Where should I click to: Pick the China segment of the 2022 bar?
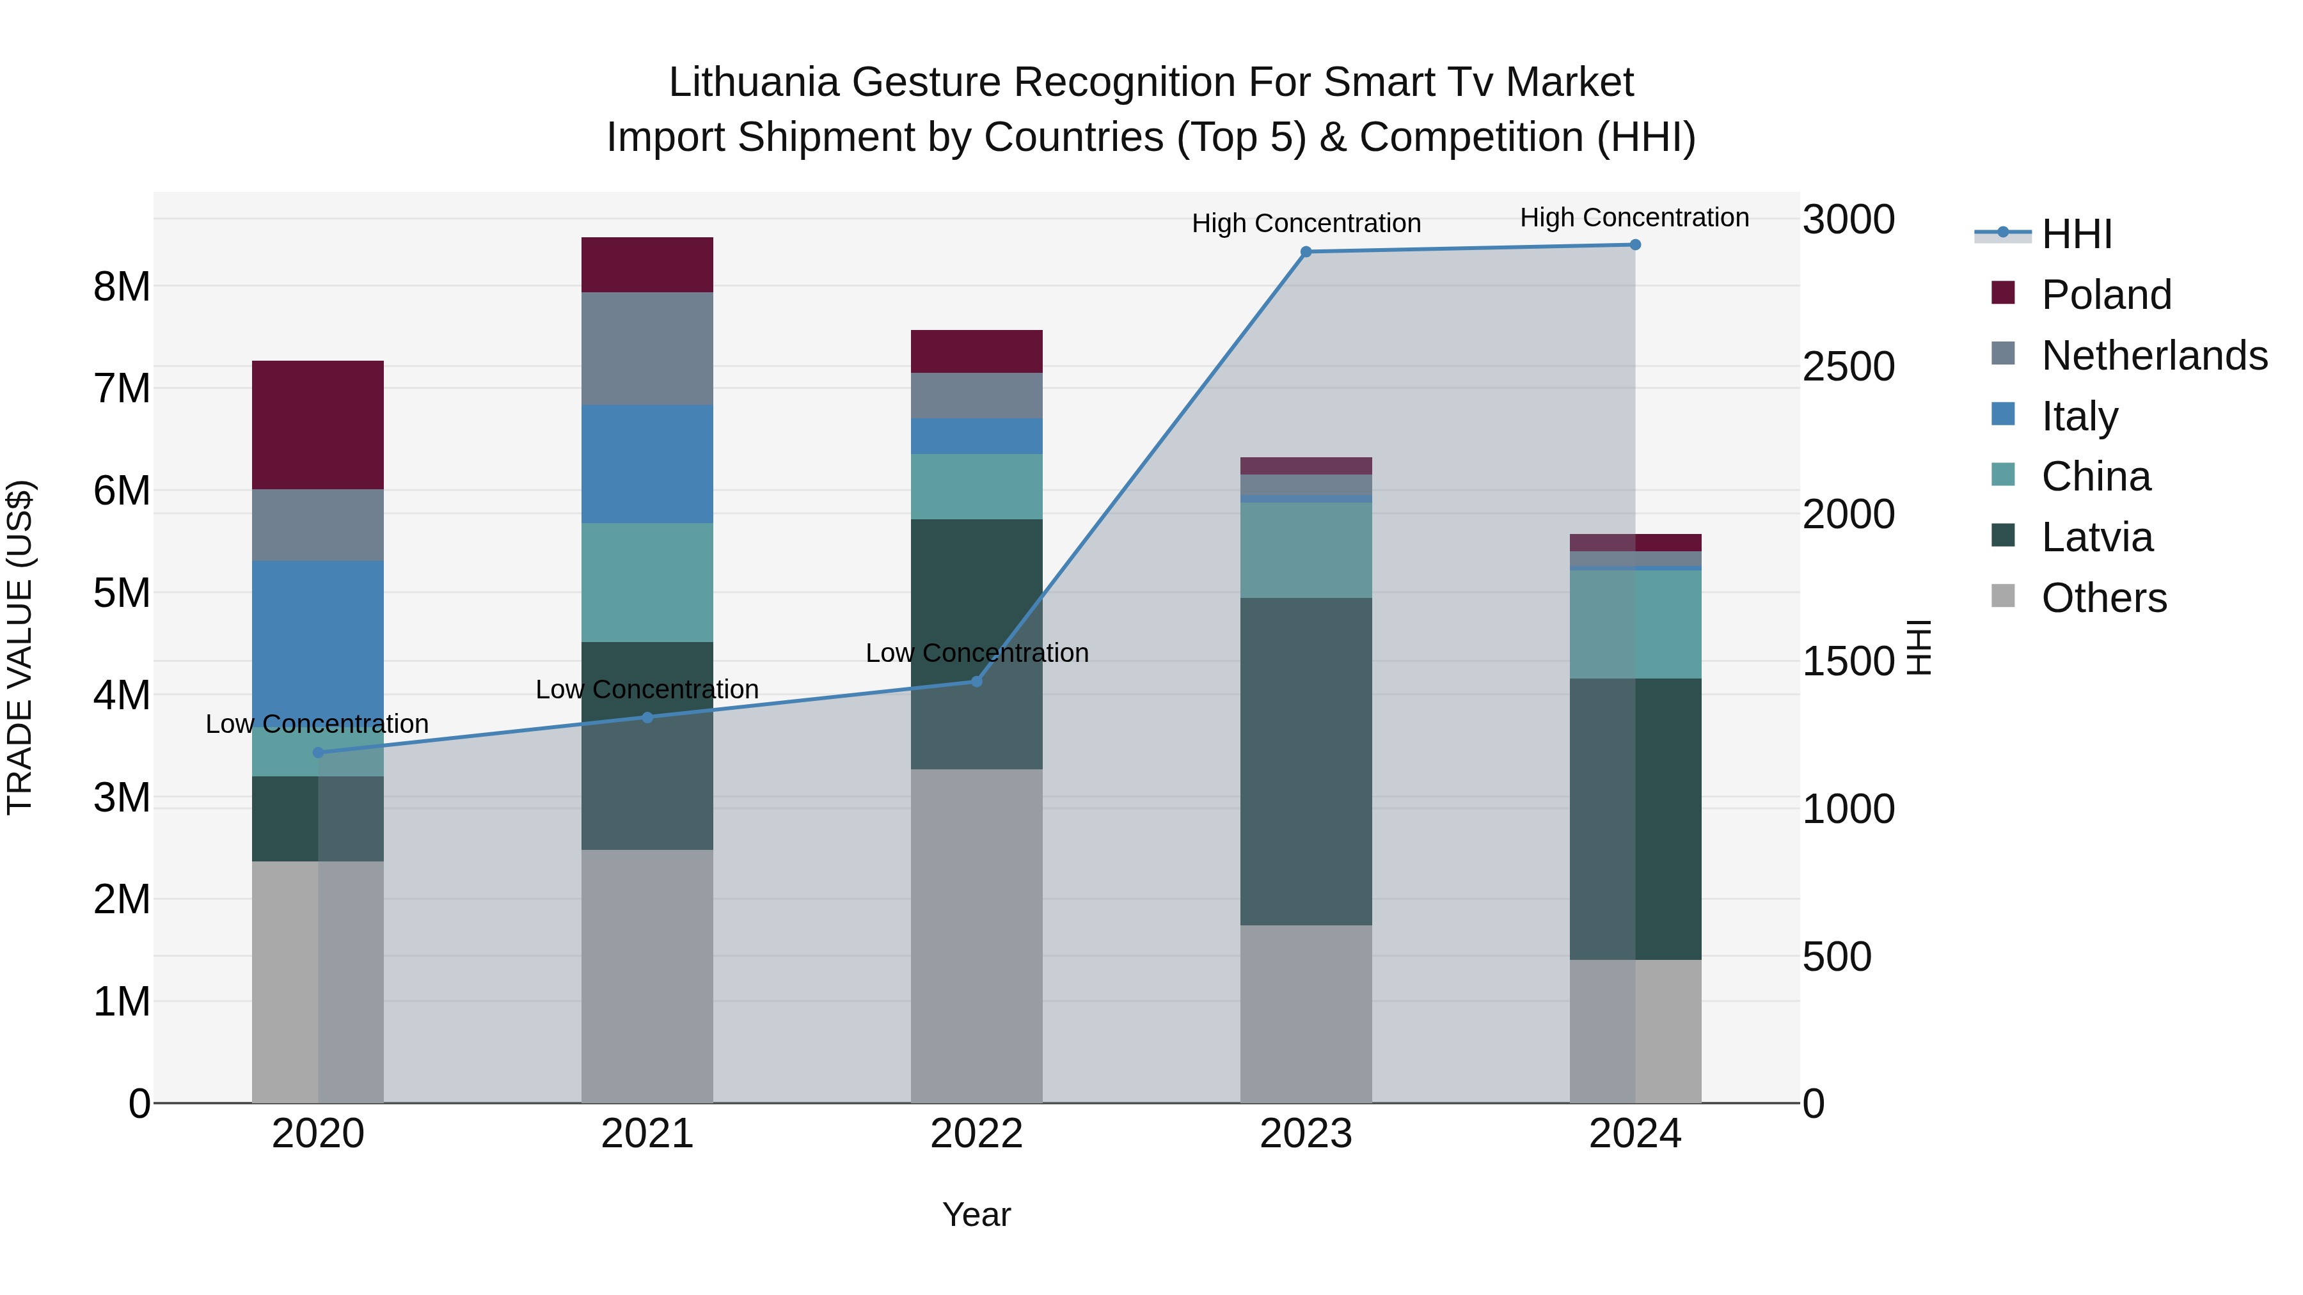[x=976, y=486]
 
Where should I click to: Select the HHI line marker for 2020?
[x=319, y=753]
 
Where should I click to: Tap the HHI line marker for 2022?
[x=976, y=682]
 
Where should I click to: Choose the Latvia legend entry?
[x=2096, y=537]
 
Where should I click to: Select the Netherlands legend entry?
[x=2153, y=356]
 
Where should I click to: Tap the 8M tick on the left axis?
[x=122, y=287]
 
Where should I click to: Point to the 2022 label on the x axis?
[x=976, y=1134]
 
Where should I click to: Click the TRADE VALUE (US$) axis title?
[x=20, y=647]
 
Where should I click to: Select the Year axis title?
[x=976, y=1214]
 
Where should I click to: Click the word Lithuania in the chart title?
[x=753, y=82]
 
